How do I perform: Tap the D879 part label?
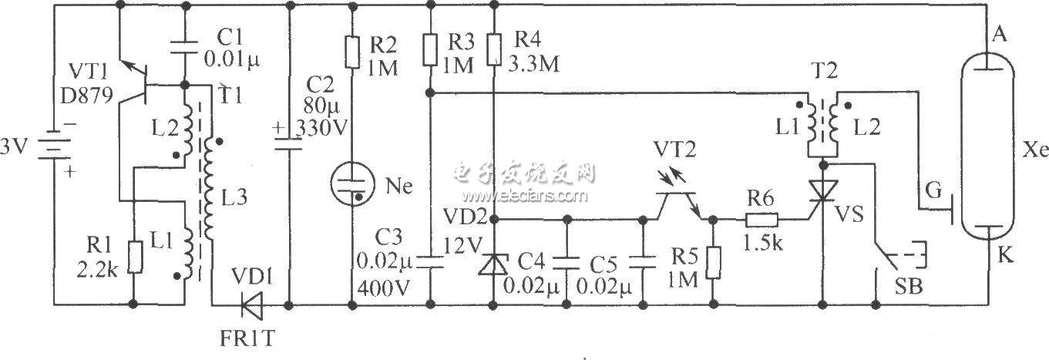(90, 95)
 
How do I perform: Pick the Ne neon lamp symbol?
(351, 186)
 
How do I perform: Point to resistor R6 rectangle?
(762, 220)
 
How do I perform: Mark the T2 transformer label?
(820, 68)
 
